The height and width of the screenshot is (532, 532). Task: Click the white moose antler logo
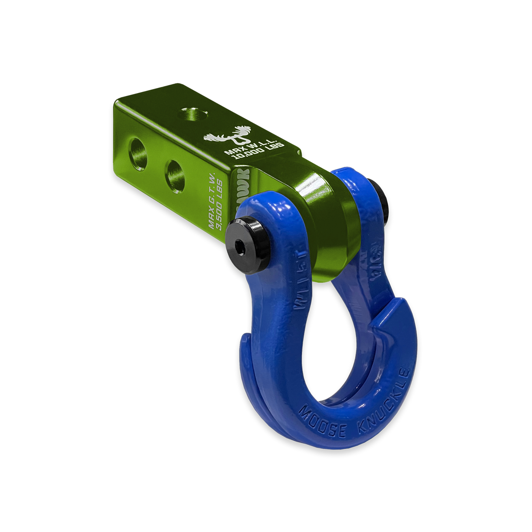pos(228,137)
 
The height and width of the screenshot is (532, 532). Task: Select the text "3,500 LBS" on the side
pos(219,204)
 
